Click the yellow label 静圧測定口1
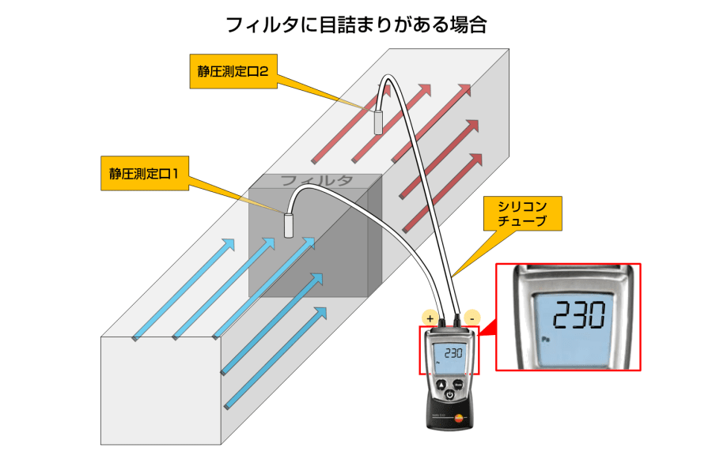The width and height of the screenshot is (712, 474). point(144,175)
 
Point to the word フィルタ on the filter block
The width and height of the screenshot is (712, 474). point(316,181)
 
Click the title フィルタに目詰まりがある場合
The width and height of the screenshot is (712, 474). point(356,24)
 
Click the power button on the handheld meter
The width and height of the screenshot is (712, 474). point(449,394)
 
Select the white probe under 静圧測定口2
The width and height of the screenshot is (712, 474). point(378,122)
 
